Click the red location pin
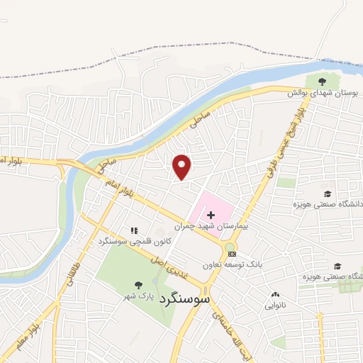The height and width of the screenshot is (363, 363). (x=182, y=166)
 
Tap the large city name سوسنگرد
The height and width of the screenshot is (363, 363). (x=186, y=298)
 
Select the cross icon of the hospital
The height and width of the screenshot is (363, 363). (x=211, y=214)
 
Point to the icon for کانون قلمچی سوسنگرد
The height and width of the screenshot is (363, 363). (x=134, y=230)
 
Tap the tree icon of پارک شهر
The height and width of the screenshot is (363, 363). (x=138, y=285)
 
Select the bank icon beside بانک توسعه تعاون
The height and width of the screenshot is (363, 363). (x=230, y=254)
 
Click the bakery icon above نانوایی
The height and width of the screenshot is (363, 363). (x=275, y=294)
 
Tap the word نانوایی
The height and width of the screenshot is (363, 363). (x=275, y=306)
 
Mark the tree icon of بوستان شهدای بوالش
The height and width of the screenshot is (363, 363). (x=323, y=81)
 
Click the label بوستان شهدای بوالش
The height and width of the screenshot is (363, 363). (x=323, y=93)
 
